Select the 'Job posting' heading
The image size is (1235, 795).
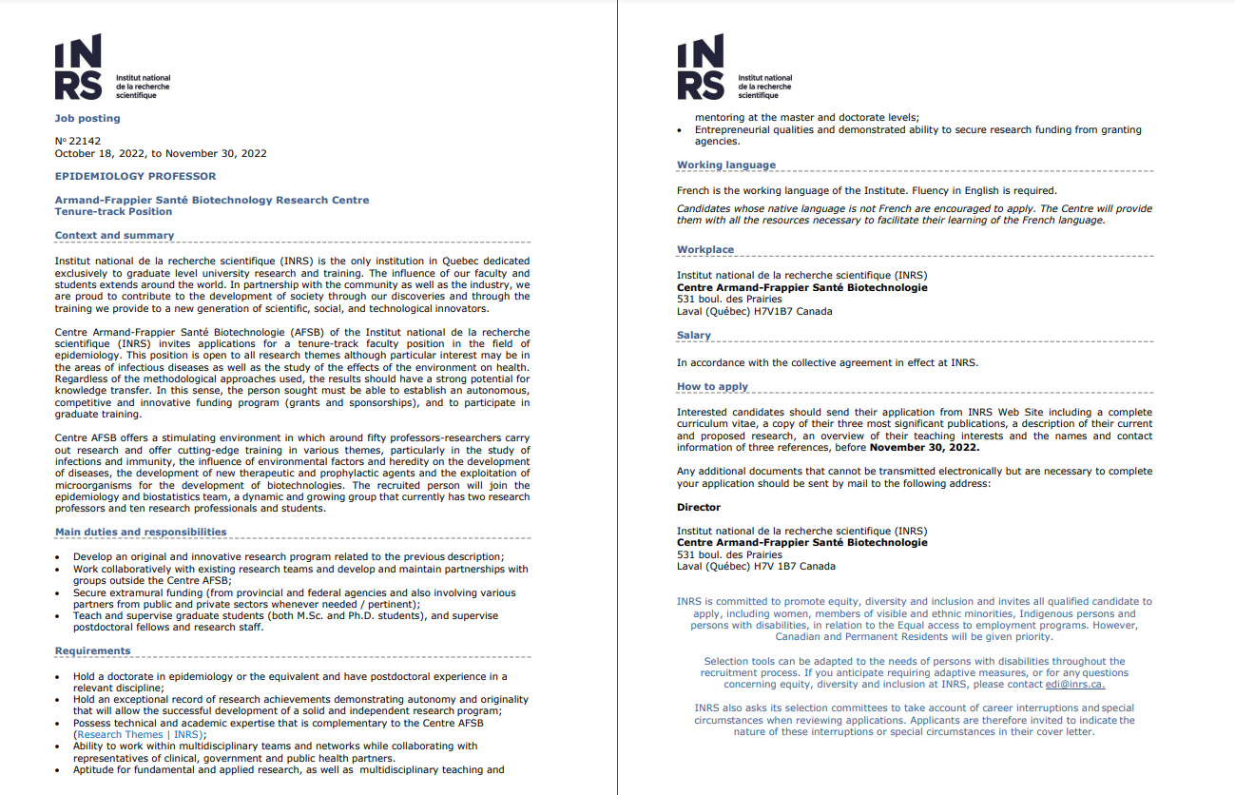[x=87, y=118]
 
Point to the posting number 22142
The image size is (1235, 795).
[x=84, y=141]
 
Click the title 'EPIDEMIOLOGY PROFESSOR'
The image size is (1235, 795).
[x=135, y=176]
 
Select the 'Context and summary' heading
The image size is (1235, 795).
[x=114, y=235]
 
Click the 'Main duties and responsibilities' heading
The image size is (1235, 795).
[x=141, y=532]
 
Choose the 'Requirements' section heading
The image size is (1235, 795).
[x=92, y=650]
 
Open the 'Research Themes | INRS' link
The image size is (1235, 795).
[x=140, y=734]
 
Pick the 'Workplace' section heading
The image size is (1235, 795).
[x=705, y=249]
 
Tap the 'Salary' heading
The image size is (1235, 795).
[x=694, y=335]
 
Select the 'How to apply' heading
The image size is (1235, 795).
[x=712, y=386]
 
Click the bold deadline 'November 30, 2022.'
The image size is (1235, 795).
[x=924, y=447]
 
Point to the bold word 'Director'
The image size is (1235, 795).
[x=699, y=507]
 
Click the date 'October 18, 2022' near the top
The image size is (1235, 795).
[x=99, y=153]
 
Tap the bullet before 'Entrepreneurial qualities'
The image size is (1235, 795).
[x=679, y=130]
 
